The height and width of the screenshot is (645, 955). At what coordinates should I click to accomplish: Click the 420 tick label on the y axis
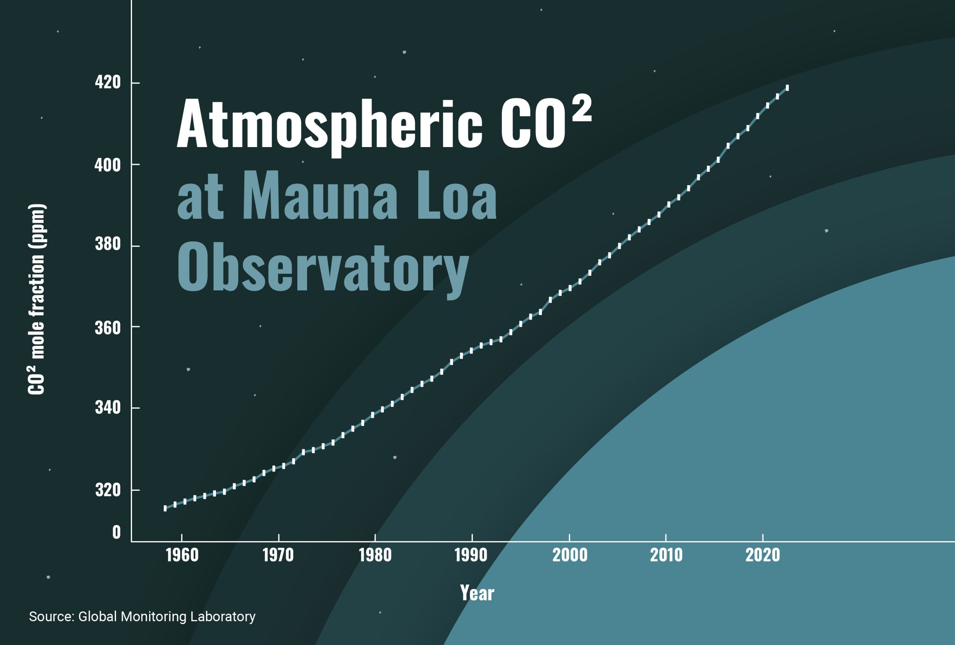pos(108,82)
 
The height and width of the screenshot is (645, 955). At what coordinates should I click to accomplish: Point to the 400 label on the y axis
pos(108,165)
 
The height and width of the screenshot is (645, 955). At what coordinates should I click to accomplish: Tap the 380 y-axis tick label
pos(108,244)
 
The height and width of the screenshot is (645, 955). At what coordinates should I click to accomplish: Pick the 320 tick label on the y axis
pos(108,490)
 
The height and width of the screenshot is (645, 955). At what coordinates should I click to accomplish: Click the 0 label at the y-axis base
pos(116,532)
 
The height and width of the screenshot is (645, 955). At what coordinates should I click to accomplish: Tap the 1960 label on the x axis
pos(182,555)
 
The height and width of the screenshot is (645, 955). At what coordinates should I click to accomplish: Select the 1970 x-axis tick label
pos(278,555)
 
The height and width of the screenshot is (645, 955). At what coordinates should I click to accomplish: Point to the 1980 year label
pos(375,555)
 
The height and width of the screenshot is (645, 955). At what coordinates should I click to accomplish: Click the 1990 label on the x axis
pos(471,555)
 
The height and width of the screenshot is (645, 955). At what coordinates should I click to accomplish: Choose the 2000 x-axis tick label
pos(570,555)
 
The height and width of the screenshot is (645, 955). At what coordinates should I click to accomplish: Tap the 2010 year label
pos(666,555)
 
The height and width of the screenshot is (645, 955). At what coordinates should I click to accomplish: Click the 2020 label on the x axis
pos(763,555)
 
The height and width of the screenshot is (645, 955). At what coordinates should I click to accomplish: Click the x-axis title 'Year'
pos(477,593)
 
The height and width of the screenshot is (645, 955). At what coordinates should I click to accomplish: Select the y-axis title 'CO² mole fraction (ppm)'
pos(37,300)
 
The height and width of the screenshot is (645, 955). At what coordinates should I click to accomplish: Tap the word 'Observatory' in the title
pos(323,268)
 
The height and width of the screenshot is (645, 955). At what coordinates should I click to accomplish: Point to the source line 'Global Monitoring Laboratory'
pos(167,617)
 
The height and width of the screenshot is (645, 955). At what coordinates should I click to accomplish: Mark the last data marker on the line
pos(787,88)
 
